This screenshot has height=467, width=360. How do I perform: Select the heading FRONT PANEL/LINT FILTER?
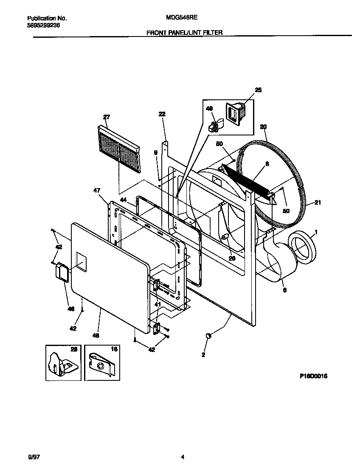click(185, 32)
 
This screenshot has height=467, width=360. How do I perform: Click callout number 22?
click(162, 114)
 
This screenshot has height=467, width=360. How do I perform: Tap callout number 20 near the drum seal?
click(263, 127)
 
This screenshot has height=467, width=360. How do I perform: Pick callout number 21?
click(318, 203)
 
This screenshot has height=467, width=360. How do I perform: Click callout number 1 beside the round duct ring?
click(315, 232)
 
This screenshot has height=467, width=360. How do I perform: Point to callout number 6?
click(284, 290)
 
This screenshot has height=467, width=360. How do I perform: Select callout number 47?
click(96, 191)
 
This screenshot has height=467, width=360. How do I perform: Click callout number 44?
click(123, 199)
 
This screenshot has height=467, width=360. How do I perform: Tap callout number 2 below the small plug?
click(203, 354)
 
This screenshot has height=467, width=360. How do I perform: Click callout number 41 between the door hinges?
click(157, 304)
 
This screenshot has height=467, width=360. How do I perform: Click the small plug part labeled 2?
click(208, 336)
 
